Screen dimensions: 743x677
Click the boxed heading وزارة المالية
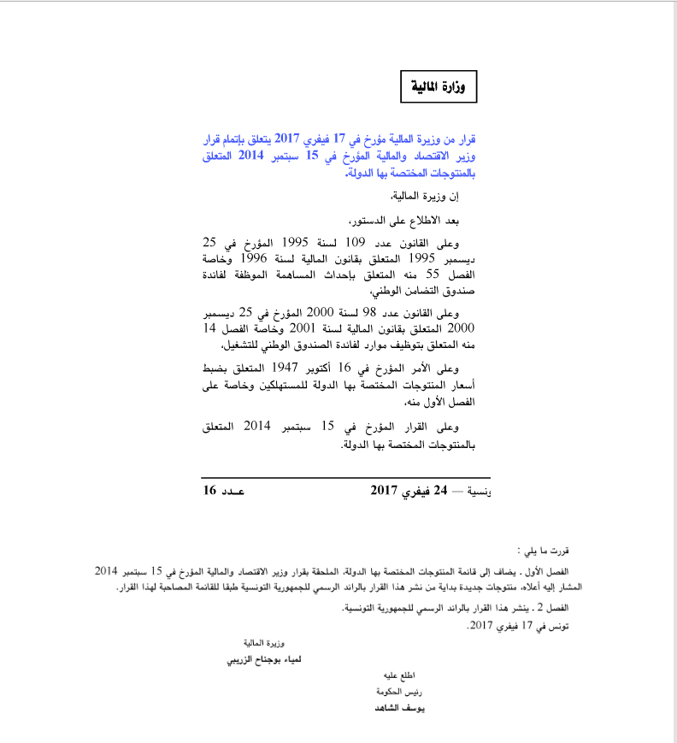coord(439,86)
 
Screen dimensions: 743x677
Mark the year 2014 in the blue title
coord(250,156)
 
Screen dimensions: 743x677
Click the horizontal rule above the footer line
coord(346,476)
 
